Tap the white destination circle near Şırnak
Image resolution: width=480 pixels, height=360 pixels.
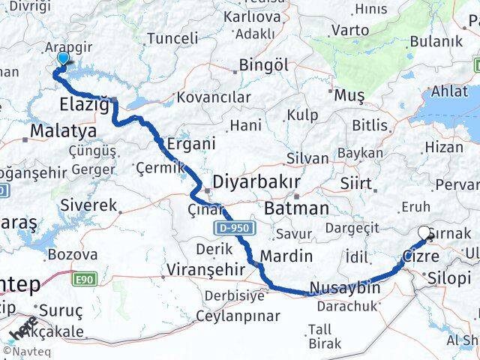[x=424, y=233]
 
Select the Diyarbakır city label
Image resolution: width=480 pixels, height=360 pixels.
[x=256, y=182]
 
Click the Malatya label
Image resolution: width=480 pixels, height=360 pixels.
[x=63, y=131]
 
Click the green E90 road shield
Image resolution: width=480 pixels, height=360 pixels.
[x=85, y=279]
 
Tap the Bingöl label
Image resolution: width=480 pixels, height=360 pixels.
[x=264, y=64]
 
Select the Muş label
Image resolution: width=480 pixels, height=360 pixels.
[x=349, y=95]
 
